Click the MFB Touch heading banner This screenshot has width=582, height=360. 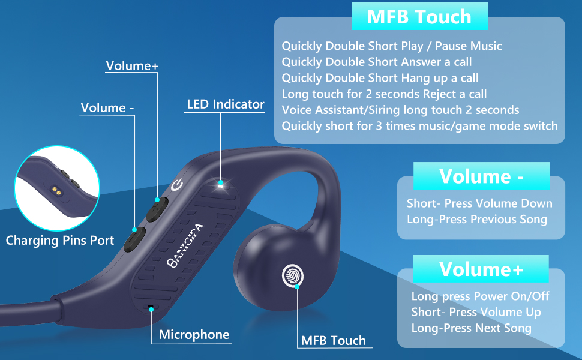tap(419, 16)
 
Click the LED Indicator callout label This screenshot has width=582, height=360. tap(226, 104)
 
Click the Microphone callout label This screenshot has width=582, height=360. tap(194, 335)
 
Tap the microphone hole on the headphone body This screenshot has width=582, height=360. tap(150, 308)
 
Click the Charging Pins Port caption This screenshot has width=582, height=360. tap(60, 241)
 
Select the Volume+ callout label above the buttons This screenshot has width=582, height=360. tap(132, 66)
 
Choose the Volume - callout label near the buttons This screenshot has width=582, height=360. tap(107, 108)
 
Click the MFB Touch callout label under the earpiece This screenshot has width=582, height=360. tap(333, 341)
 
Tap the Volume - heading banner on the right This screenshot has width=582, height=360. tap(481, 176)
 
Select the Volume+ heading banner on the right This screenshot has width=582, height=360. tap(481, 269)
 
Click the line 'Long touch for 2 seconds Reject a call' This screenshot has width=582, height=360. tap(384, 94)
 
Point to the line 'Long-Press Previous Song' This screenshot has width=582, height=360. tap(476, 219)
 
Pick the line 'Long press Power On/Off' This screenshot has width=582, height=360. tap(480, 296)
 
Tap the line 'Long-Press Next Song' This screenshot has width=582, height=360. tap(471, 328)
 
